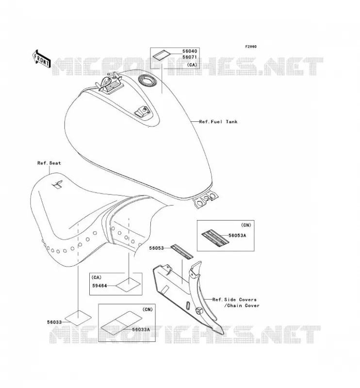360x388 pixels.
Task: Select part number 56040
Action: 190,51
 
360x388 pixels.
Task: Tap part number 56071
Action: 190,57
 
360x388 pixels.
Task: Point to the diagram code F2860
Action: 251,47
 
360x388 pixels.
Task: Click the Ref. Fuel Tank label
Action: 218,122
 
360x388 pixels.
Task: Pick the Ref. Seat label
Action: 49,163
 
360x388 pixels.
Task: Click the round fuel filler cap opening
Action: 147,80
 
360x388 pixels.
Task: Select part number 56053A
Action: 237,236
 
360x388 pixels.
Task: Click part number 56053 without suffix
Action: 157,248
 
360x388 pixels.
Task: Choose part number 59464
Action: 99,286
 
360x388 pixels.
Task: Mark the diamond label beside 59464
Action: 128,285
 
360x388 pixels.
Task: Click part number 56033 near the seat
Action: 54,322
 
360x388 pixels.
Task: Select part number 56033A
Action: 141,330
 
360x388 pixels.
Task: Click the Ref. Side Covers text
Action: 234,300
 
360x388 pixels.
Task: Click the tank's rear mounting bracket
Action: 206,199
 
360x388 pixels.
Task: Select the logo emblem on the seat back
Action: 57,184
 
